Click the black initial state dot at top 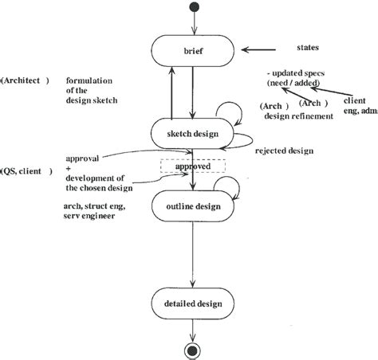pyautogui.click(x=192, y=9)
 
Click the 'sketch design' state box pyautogui.click(x=192, y=133)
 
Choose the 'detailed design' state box pyautogui.click(x=192, y=303)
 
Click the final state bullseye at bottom pyautogui.click(x=192, y=348)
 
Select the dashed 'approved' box pyautogui.click(x=192, y=166)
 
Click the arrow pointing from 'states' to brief pyautogui.click(x=259, y=50)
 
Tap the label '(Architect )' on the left pyautogui.click(x=26, y=80)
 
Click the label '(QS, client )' pyautogui.click(x=27, y=170)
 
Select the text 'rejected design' pyautogui.click(x=283, y=151)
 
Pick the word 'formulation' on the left pyautogui.click(x=90, y=80)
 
